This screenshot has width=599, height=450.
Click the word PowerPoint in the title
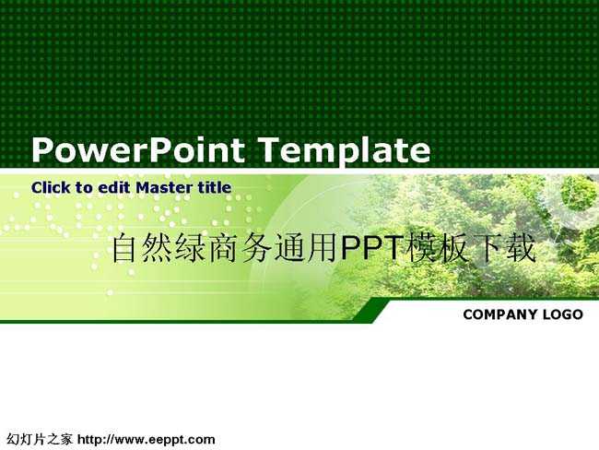pyautogui.click(x=138, y=149)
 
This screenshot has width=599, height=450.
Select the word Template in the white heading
pyautogui.click(x=344, y=151)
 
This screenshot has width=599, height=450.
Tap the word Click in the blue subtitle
pyautogui.click(x=51, y=187)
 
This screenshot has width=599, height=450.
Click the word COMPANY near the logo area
pyautogui.click(x=499, y=314)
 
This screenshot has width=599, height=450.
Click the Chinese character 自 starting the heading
pyautogui.click(x=124, y=248)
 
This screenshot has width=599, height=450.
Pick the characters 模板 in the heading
pyautogui.click(x=438, y=248)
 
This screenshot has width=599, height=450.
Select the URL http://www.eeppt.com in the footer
pyautogui.click(x=147, y=440)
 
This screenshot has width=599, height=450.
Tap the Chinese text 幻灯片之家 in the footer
pyautogui.click(x=40, y=440)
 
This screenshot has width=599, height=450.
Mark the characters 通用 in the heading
pyautogui.click(x=307, y=248)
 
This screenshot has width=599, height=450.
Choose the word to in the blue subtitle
pyautogui.click(x=84, y=188)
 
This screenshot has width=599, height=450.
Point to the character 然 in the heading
pyautogui.click(x=158, y=248)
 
